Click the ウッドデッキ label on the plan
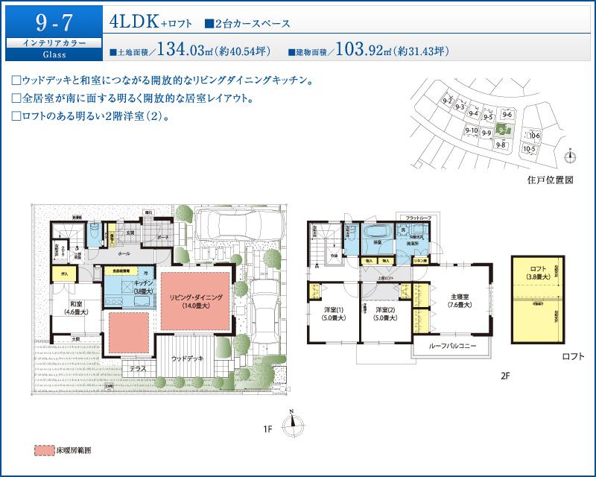pos(186,358)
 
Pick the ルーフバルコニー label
pos(451,347)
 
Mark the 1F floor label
pos(267,429)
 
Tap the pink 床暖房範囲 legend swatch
pos(46,451)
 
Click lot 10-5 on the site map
pos(530,148)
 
